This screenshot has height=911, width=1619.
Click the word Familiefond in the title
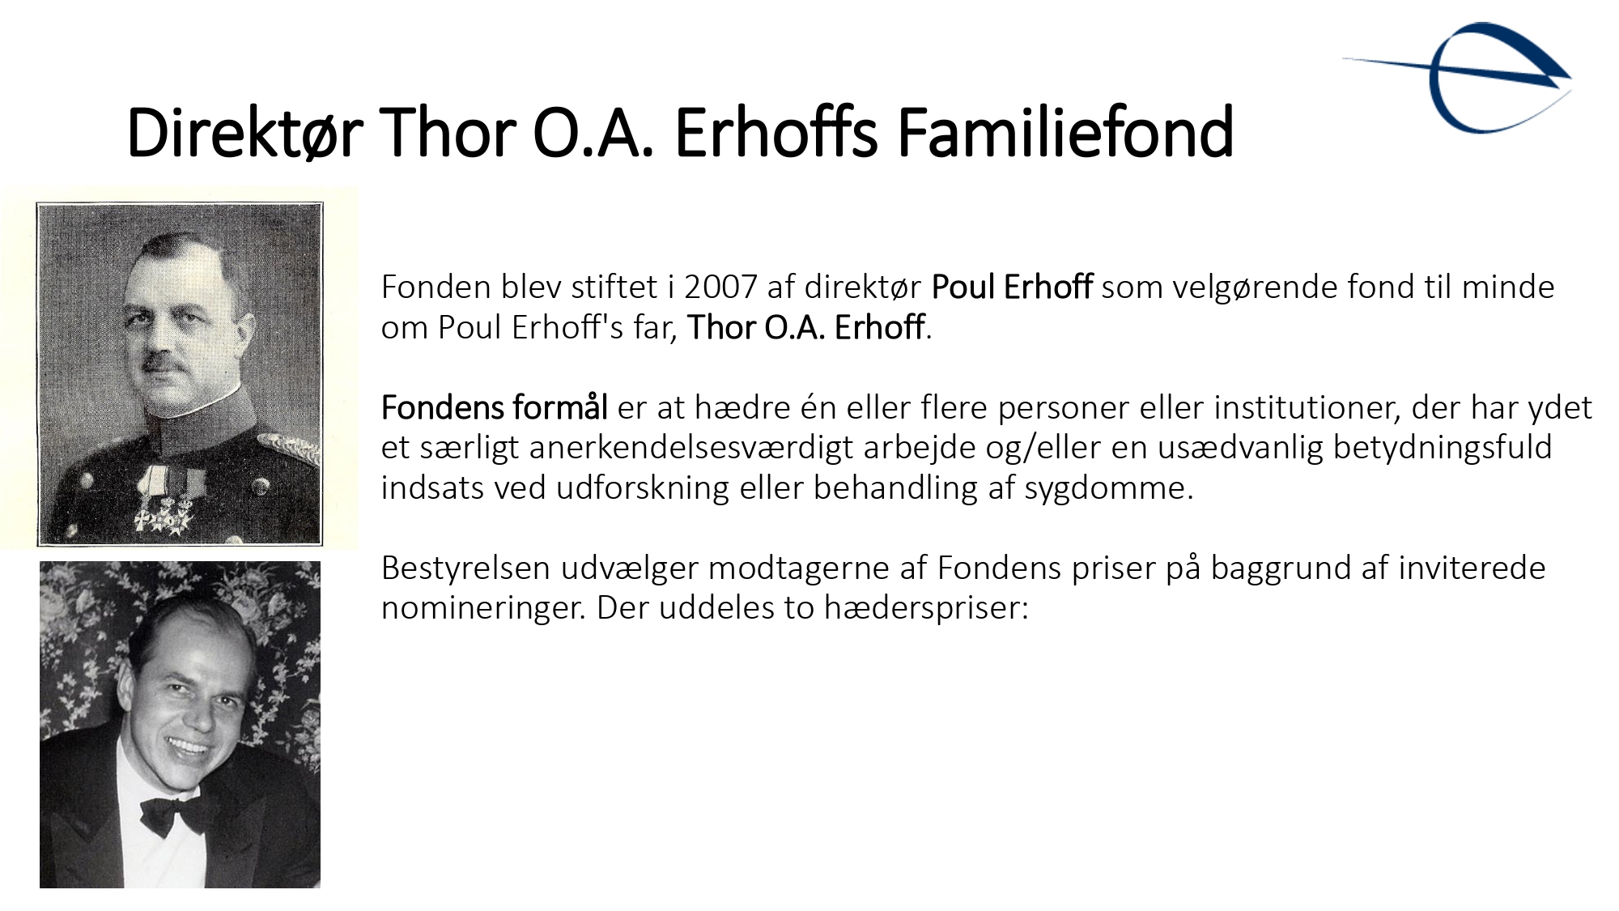click(1065, 132)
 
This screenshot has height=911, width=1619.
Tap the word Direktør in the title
click(244, 132)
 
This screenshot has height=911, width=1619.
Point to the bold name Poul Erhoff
click(1012, 287)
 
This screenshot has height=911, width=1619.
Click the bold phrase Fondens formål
click(494, 408)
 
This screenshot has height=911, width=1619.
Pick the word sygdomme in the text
click(1109, 488)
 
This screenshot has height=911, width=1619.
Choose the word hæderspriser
click(926, 608)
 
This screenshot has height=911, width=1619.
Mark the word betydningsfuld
click(1443, 448)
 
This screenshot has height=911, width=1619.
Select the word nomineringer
click(483, 608)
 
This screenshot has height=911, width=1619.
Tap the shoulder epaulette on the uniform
click(289, 449)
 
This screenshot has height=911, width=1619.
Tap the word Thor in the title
click(447, 132)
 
